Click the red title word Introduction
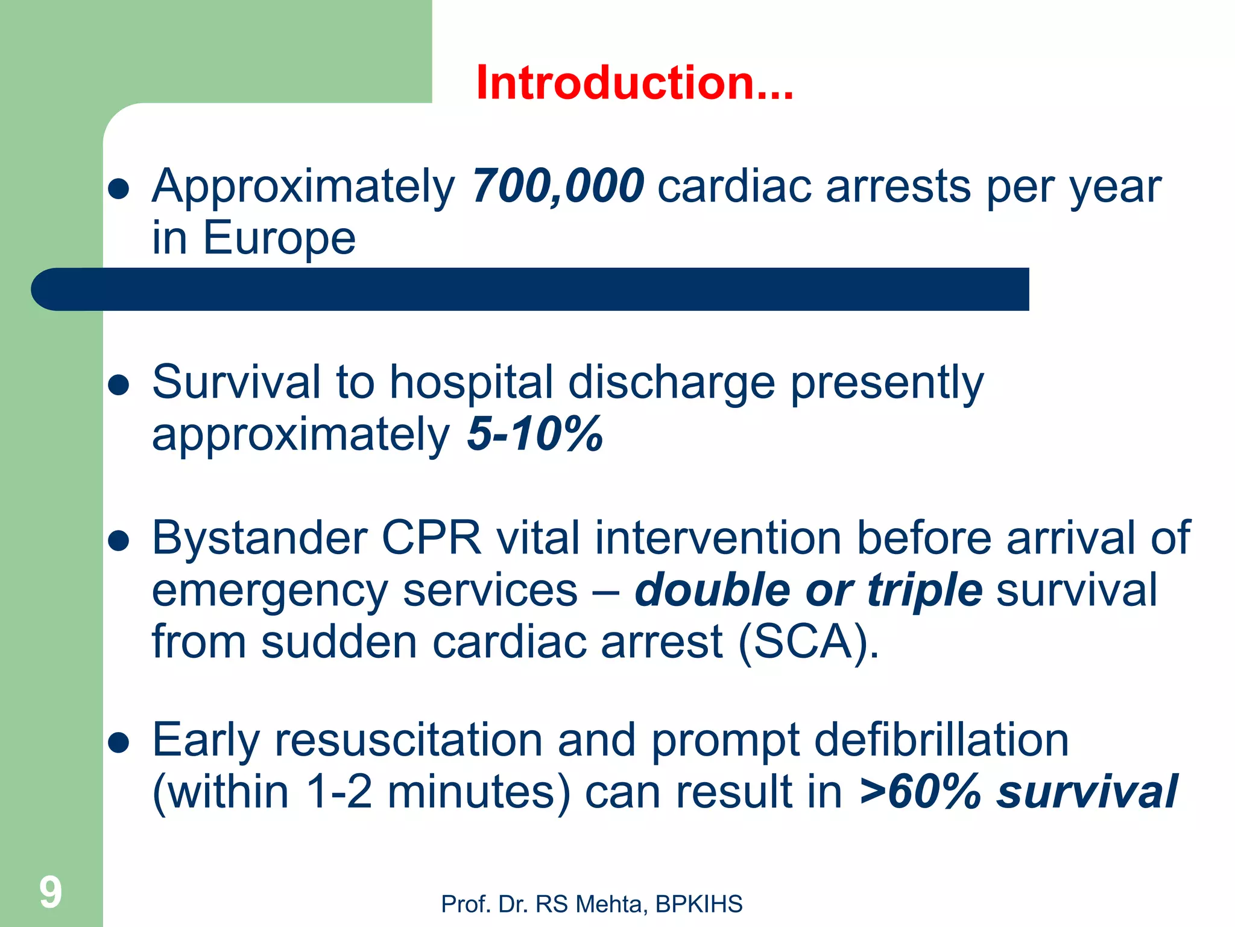[633, 83]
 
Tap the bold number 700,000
[558, 185]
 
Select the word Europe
[279, 238]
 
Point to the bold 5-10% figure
[534, 433]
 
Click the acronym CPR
[431, 537]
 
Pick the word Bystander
[259, 537]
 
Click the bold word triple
[924, 590]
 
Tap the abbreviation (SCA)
[808, 642]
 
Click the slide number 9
[51, 893]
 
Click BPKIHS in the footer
[699, 904]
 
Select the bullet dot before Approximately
[119, 189]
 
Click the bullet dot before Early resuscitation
[119, 744]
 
